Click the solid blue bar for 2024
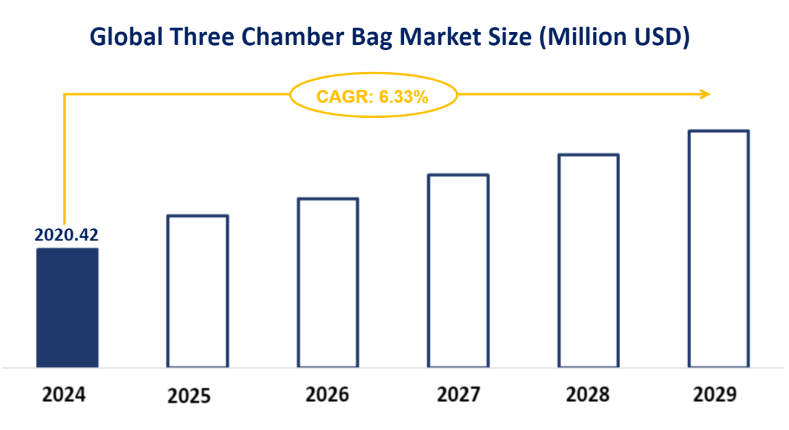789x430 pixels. (67, 307)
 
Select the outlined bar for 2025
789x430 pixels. (197, 291)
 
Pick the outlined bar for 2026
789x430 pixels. (328, 282)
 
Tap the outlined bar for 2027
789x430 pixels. (458, 271)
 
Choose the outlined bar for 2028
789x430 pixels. (589, 261)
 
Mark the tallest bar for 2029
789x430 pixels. (719, 248)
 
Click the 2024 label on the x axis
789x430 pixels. (64, 395)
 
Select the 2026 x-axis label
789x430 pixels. (327, 395)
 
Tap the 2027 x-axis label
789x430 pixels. (458, 395)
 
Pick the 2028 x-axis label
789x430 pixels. (588, 395)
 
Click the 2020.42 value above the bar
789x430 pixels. (66, 234)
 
